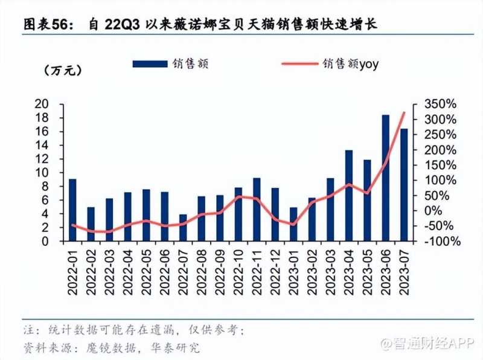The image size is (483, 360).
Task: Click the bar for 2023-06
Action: (385, 178)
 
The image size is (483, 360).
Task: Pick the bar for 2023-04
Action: (349, 196)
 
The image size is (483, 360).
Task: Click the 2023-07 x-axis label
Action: (404, 272)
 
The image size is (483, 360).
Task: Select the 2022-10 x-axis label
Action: (238, 272)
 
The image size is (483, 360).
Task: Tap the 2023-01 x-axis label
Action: (293, 272)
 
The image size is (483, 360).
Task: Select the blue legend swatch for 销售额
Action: (150, 63)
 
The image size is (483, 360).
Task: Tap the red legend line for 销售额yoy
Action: (300, 63)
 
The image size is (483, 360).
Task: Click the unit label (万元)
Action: (62, 71)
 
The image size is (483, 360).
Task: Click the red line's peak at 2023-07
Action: (404, 113)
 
